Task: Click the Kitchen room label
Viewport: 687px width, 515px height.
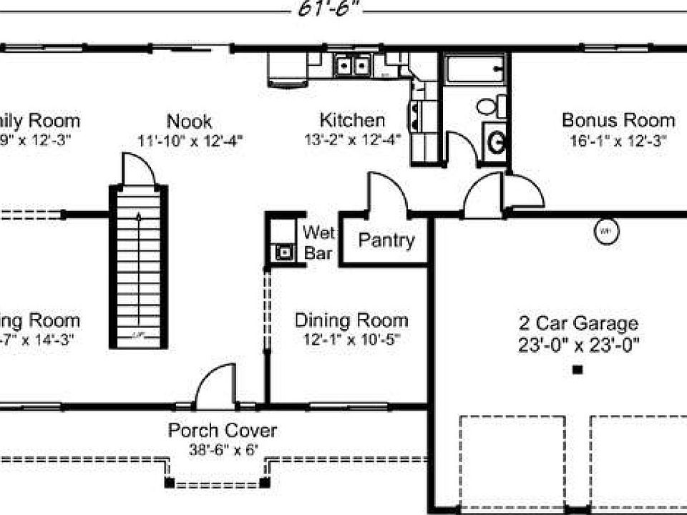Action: pos(351,119)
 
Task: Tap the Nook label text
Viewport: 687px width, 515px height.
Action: pos(189,121)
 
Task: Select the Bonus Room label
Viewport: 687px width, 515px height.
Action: pos(618,119)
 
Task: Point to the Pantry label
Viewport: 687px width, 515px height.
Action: pos(386,240)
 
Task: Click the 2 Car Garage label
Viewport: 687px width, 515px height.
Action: pos(578,324)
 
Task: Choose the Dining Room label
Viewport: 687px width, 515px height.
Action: pos(351,320)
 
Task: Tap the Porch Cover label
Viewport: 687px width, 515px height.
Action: pos(222,431)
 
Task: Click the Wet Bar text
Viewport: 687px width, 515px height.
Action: pos(318,242)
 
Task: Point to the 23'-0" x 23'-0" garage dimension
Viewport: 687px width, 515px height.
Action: pos(578,345)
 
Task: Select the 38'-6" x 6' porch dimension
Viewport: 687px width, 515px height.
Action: pos(222,450)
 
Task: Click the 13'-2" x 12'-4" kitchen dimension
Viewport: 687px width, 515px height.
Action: pos(351,139)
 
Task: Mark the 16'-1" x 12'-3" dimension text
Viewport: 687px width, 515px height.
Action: pos(618,140)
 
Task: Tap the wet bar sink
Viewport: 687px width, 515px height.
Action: pos(285,252)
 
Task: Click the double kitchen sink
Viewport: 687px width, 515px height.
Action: pos(352,67)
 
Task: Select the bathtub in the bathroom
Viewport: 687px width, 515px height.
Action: pos(473,70)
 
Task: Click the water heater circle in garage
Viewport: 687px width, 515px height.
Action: pos(605,230)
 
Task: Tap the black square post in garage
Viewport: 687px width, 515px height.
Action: pos(578,370)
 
